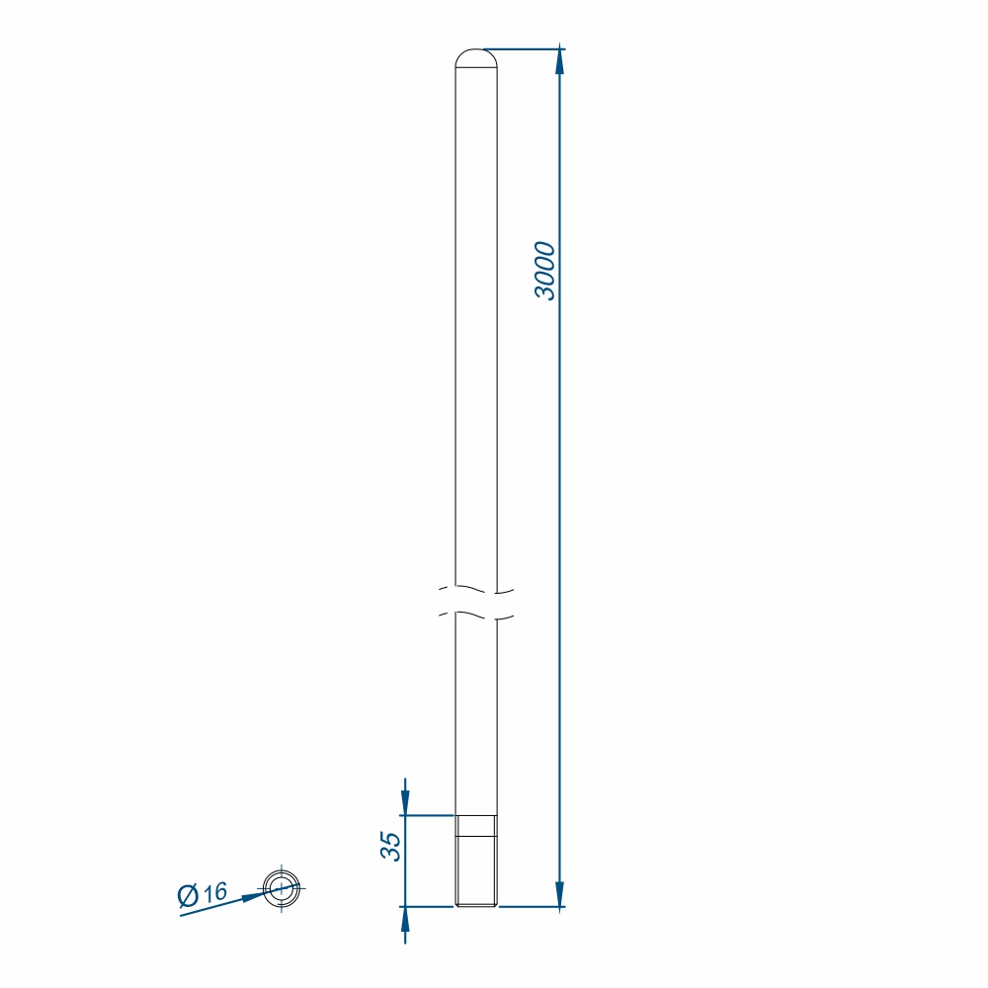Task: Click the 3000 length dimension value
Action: coord(545,271)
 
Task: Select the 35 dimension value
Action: coord(390,847)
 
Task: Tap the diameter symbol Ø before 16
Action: coord(188,895)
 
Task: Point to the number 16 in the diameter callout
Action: coord(214,891)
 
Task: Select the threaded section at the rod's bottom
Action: coord(476,861)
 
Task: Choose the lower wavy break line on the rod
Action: coord(476,615)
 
